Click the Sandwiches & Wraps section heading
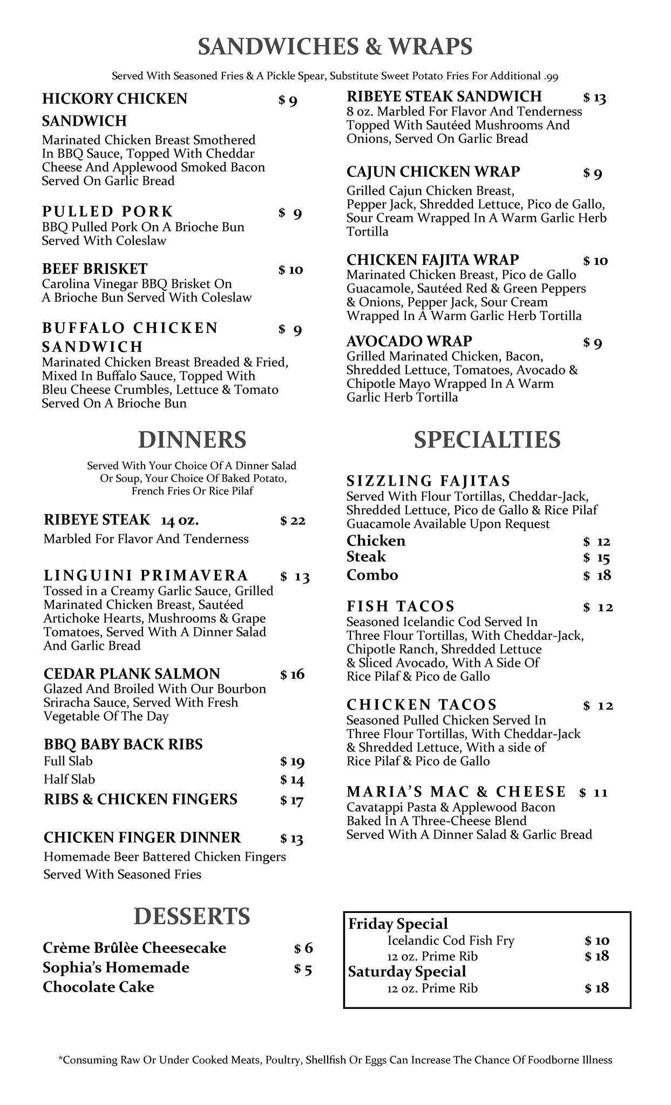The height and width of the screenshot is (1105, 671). (335, 47)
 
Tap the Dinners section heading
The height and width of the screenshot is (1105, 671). (192, 440)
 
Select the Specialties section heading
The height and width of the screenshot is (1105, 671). (487, 440)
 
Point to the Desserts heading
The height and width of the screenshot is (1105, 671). (192, 916)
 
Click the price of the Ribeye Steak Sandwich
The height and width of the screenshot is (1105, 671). (594, 98)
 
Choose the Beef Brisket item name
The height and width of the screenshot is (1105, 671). (94, 269)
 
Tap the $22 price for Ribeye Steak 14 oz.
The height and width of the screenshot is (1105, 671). (293, 521)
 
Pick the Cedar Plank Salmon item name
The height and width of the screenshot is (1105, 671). (132, 673)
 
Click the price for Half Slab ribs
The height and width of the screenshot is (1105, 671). (292, 780)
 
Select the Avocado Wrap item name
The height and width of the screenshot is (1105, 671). (409, 341)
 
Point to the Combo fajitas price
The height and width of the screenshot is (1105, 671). (597, 576)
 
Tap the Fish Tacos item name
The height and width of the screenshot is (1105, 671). (401, 606)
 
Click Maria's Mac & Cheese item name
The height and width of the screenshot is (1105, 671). (456, 792)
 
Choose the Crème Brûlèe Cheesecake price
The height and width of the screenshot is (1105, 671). (303, 949)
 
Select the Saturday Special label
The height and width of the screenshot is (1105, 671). (407, 972)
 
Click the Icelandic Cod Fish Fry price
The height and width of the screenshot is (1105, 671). (597, 941)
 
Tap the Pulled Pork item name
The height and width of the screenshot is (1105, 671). (107, 211)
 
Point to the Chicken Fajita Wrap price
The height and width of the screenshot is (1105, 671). (595, 261)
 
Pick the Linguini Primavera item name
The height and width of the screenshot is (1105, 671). (146, 575)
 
